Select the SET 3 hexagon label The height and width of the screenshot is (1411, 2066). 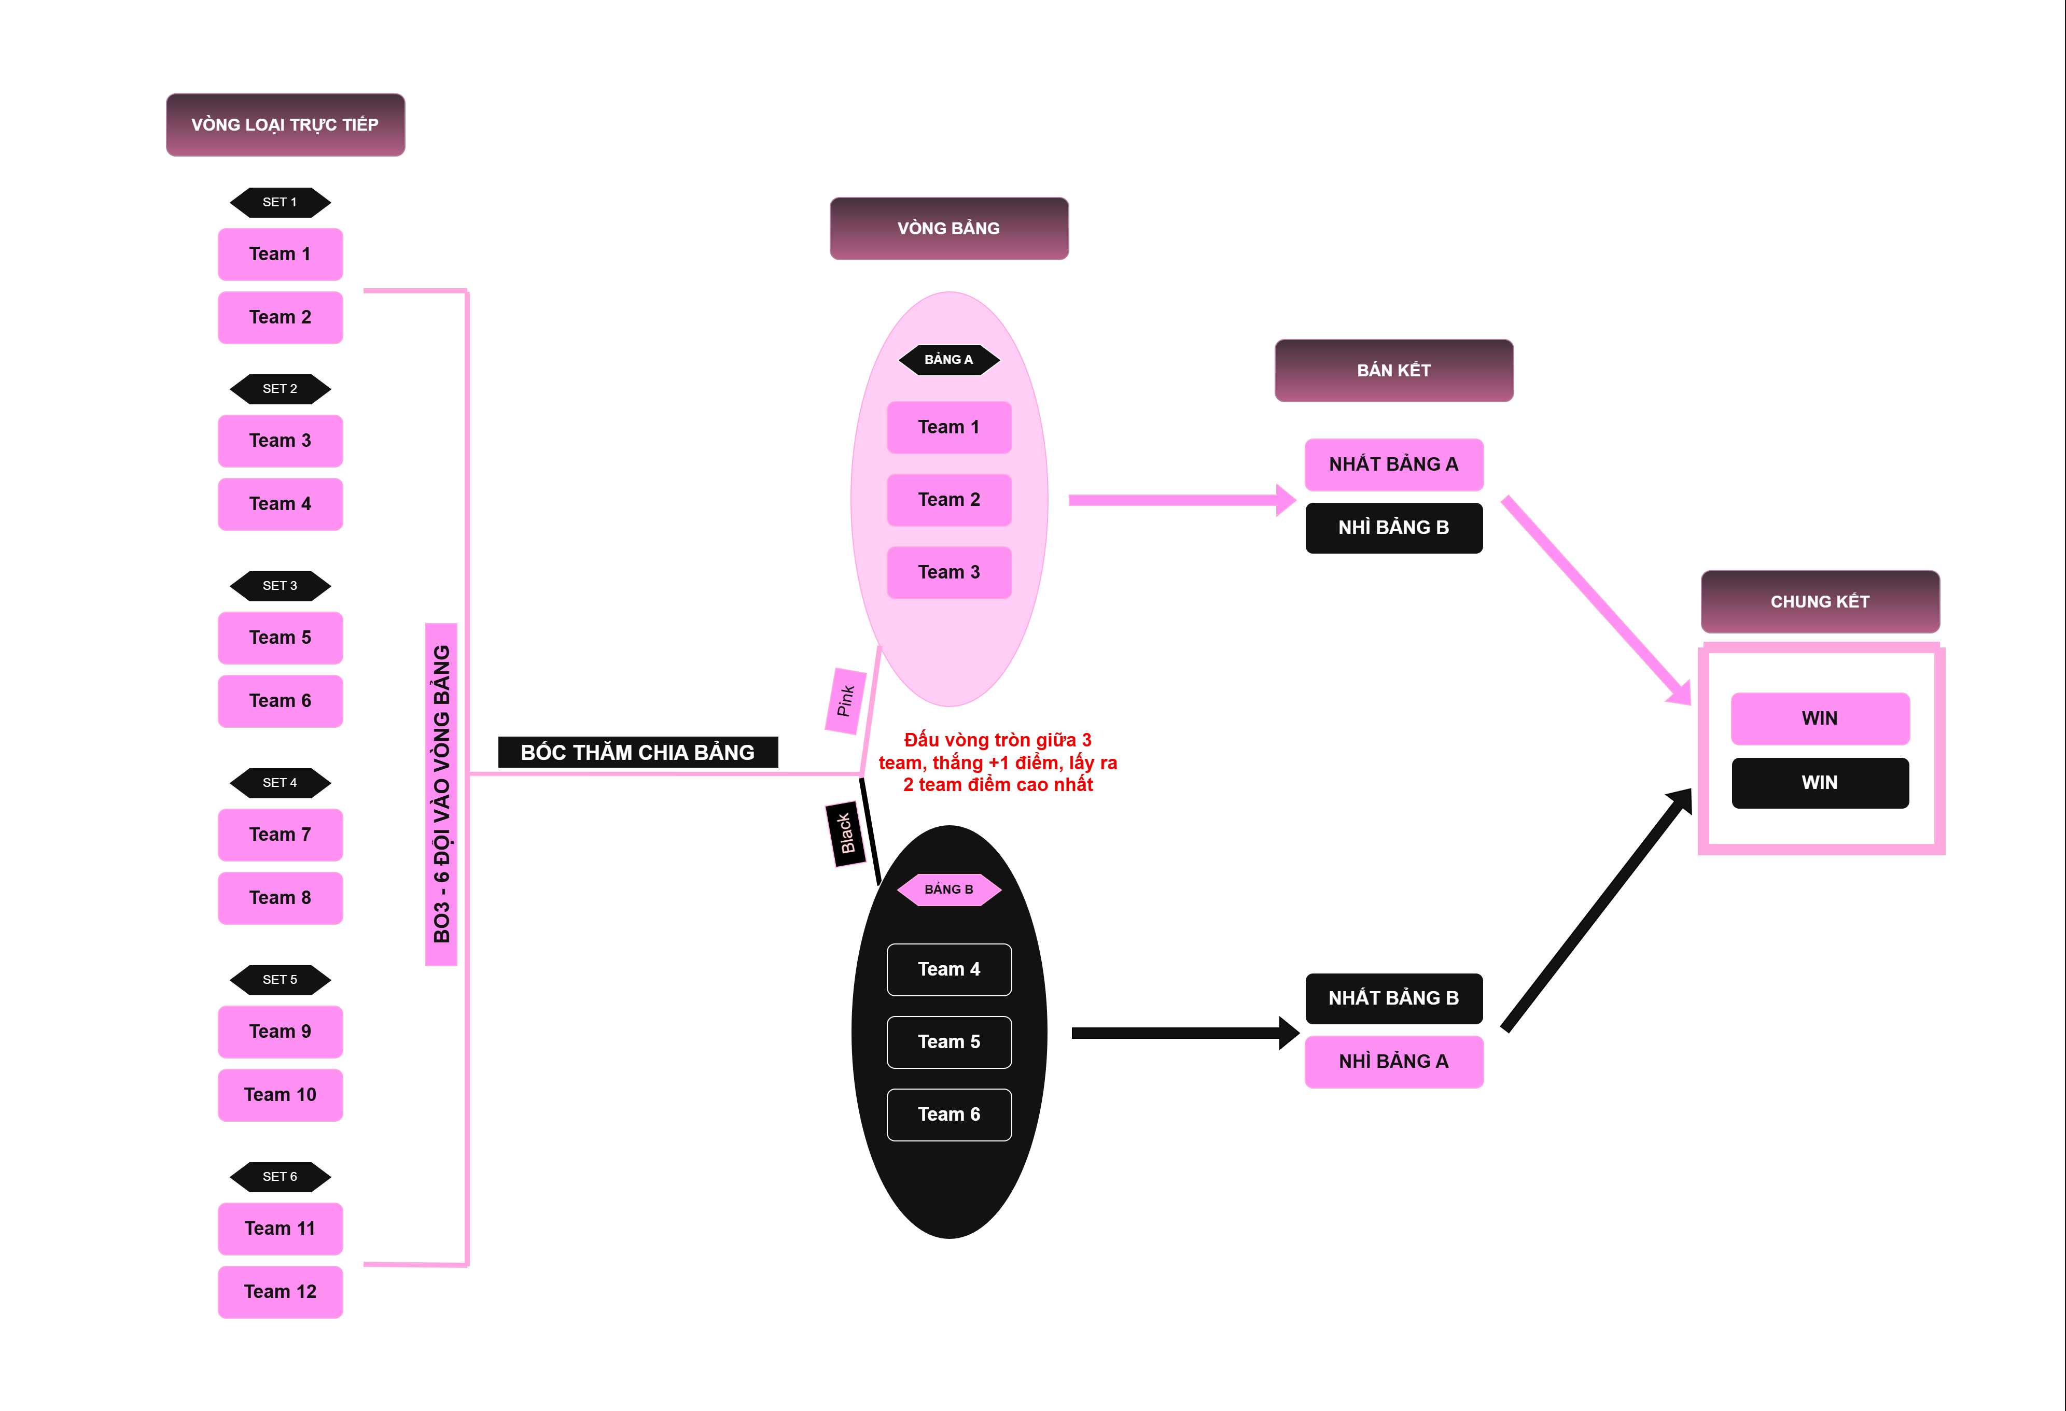pyautogui.click(x=280, y=586)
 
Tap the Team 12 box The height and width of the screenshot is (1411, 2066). pyautogui.click(x=280, y=1291)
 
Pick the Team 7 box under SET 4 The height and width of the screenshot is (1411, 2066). pyautogui.click(x=280, y=835)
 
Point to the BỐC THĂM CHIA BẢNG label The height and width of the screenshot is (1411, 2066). pyautogui.click(x=637, y=753)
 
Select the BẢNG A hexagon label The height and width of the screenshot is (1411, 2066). pyautogui.click(x=948, y=360)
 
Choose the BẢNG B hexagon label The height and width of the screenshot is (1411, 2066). pyautogui.click(x=948, y=890)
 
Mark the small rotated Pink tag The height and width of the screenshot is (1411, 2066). pyautogui.click(x=845, y=701)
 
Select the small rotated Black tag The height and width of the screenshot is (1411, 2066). pyautogui.click(x=845, y=834)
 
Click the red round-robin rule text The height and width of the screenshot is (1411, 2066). pyautogui.click(x=997, y=763)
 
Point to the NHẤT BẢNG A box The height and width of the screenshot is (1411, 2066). pyautogui.click(x=1393, y=464)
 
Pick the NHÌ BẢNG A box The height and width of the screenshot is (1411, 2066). pyautogui.click(x=1393, y=1061)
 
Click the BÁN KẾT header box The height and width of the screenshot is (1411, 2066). pyautogui.click(x=1393, y=371)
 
